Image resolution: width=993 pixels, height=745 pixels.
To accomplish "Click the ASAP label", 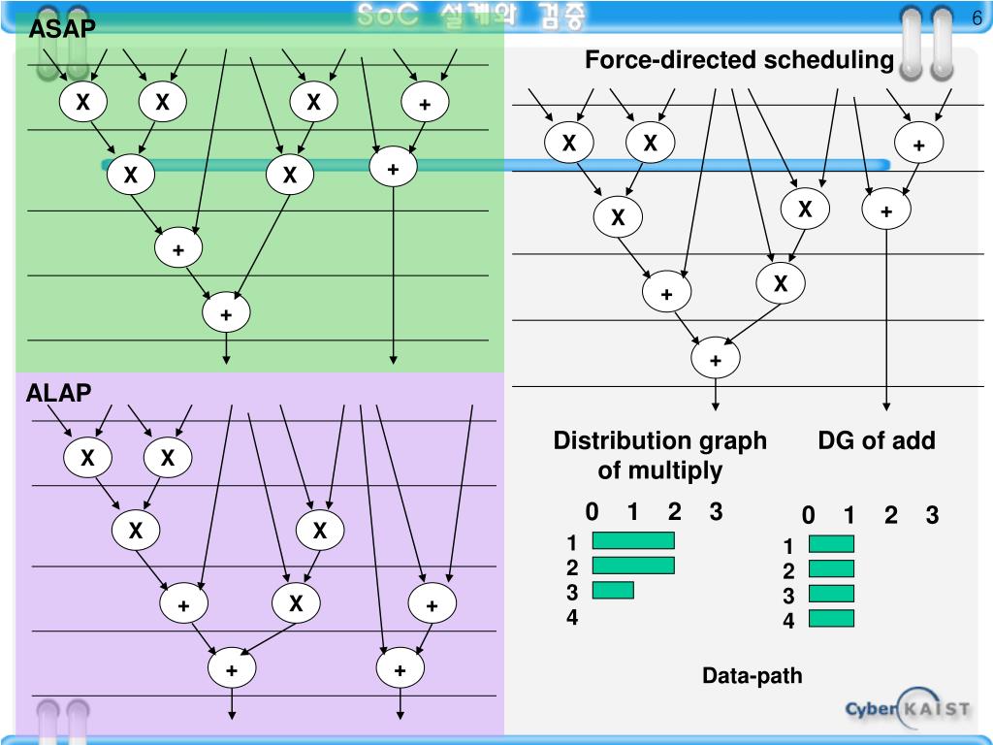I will click(x=62, y=30).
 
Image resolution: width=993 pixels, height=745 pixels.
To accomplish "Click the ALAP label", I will click(x=58, y=393).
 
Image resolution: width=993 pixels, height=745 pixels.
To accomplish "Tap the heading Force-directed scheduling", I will click(x=739, y=61).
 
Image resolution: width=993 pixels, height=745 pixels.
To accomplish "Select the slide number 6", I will click(x=977, y=18).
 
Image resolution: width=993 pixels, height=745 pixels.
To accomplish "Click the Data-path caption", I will click(x=753, y=675).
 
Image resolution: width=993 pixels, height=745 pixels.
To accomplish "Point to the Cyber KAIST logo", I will click(x=907, y=709).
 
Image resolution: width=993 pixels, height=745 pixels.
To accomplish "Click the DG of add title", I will click(x=876, y=441).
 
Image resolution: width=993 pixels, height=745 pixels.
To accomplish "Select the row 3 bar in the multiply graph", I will click(x=612, y=590).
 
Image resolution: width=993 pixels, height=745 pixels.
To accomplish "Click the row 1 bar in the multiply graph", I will click(x=632, y=541).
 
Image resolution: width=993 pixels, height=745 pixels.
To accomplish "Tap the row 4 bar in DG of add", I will click(x=831, y=618).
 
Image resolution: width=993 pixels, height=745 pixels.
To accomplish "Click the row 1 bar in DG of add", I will click(x=831, y=544).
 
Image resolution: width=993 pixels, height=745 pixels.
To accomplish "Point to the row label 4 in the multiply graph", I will click(x=572, y=616).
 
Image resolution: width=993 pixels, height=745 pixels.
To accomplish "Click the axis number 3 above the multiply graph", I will click(x=716, y=512).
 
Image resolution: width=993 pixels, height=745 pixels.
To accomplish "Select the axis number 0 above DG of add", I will click(x=808, y=515).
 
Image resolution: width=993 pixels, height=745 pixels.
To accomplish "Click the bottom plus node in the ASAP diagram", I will click(x=226, y=313).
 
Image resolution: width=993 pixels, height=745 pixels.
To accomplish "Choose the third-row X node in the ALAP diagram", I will click(x=296, y=603).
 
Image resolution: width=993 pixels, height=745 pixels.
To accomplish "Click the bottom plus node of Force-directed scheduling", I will click(x=716, y=360).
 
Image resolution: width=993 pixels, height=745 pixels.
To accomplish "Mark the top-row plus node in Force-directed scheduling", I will click(x=918, y=145).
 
